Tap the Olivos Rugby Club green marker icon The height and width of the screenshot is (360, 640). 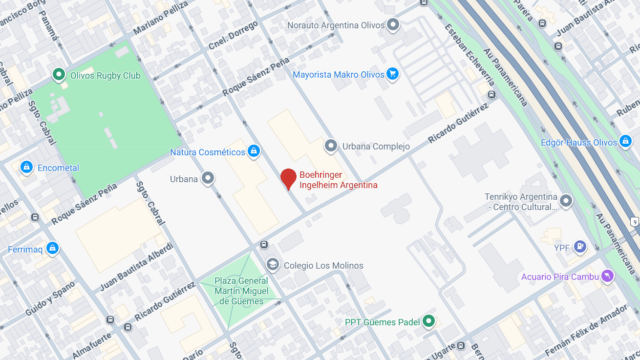(x=59, y=75)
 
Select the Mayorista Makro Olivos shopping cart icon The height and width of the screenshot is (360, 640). (x=392, y=74)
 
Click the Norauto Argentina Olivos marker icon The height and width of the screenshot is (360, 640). (x=393, y=24)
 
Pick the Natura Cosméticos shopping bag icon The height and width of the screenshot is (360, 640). (x=253, y=151)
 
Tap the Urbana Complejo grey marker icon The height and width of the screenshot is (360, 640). (x=331, y=146)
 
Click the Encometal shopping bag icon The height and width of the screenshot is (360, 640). (x=26, y=167)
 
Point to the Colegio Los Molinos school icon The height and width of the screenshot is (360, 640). (x=273, y=265)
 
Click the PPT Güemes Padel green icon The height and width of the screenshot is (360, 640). (x=428, y=321)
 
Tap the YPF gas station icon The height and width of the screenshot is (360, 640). (x=580, y=247)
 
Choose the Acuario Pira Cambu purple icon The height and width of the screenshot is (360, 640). (x=607, y=276)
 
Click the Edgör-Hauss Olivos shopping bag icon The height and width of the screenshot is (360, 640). (x=625, y=142)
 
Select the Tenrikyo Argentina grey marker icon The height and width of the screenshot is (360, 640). (x=566, y=201)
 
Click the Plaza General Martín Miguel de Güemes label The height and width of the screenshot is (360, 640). (x=241, y=291)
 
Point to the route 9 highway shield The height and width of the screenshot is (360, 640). (x=634, y=222)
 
